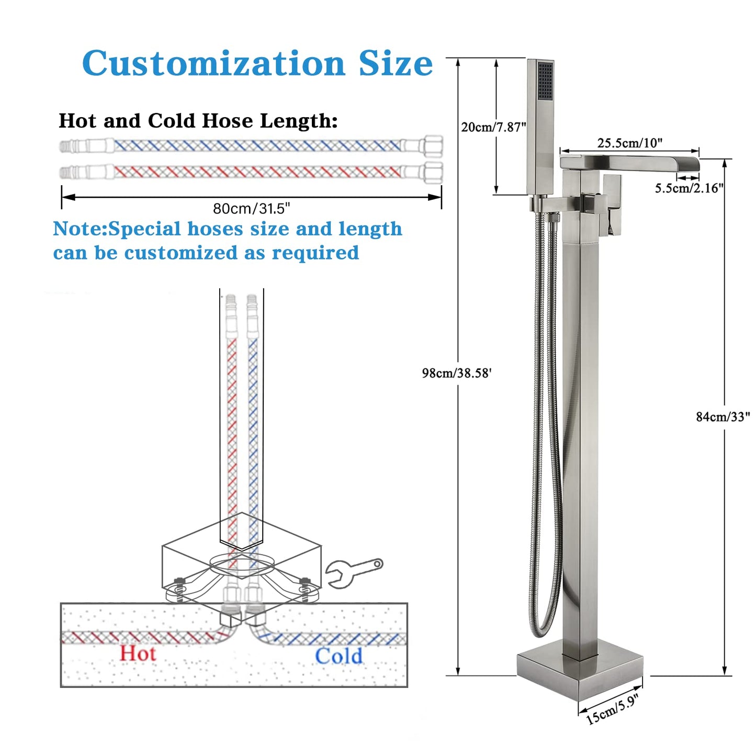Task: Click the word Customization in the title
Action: click(213, 64)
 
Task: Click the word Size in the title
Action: click(396, 64)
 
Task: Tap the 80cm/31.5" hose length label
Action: click(251, 209)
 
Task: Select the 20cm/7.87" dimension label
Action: click(493, 127)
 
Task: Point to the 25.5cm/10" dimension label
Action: click(629, 143)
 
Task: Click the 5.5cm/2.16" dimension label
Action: click(689, 188)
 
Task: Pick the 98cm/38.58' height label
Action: click(457, 373)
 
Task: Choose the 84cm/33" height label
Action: click(723, 416)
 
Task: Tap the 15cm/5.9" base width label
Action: click(612, 710)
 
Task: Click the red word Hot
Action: click(138, 653)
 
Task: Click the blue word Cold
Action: click(338, 656)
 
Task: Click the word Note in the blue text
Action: click(79, 229)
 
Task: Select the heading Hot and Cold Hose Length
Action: click(198, 121)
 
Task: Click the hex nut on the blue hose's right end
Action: click(433, 145)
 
